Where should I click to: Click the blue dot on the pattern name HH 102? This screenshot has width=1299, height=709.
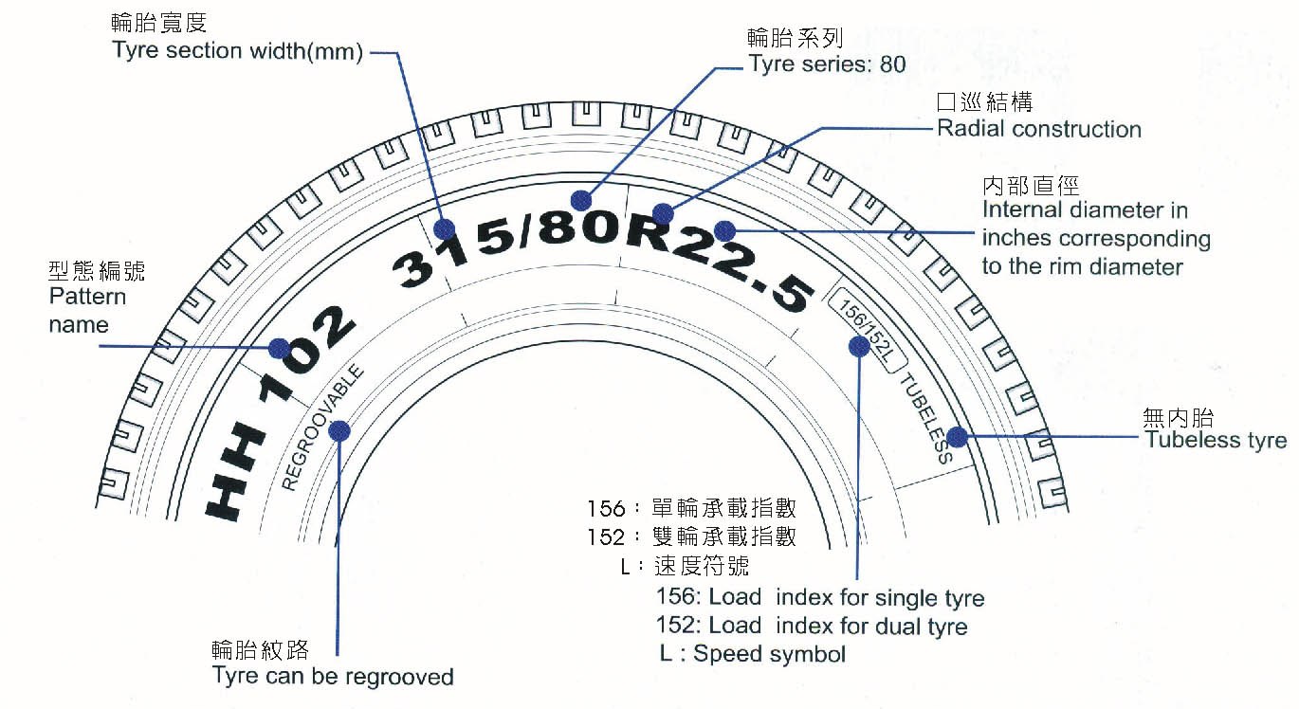[x=278, y=348]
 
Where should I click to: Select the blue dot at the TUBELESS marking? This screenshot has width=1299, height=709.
[x=957, y=438]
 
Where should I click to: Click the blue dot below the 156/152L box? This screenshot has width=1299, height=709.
[x=859, y=347]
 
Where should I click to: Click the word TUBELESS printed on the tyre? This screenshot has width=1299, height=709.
[x=924, y=418]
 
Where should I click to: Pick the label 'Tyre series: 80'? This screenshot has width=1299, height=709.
[x=827, y=64]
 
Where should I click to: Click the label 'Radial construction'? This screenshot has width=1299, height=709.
[x=1039, y=129]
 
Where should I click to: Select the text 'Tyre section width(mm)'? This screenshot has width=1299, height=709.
[x=238, y=51]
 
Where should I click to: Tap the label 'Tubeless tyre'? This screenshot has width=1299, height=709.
[x=1216, y=440]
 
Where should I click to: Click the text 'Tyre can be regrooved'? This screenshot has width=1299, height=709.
[x=333, y=677]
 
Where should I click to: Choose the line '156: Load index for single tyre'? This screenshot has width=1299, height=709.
[x=820, y=598]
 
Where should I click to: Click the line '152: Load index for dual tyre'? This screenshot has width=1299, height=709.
[x=812, y=627]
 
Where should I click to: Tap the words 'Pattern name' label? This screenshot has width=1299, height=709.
[x=86, y=311]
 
